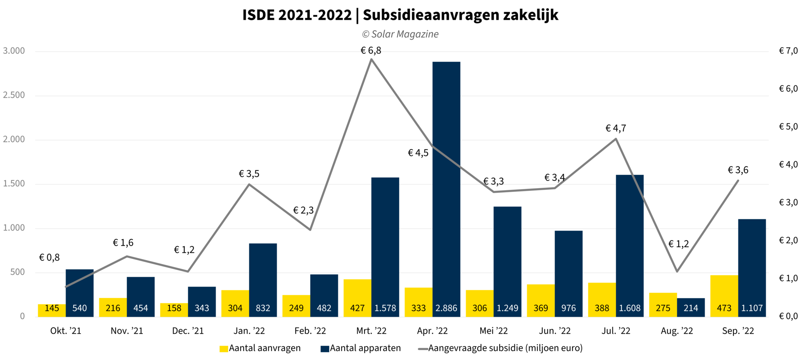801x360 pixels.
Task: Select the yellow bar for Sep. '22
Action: coord(724,292)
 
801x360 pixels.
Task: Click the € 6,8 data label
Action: coord(371,50)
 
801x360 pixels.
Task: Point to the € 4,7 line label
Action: coord(616,128)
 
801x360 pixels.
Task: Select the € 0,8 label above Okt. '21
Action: coord(49,257)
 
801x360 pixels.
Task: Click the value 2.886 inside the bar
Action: coord(446,308)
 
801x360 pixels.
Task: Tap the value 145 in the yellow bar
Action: coord(52,308)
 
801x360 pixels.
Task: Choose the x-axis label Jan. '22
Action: coord(249,331)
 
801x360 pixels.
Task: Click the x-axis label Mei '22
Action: coord(494,331)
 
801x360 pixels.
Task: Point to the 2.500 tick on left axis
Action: coord(14,95)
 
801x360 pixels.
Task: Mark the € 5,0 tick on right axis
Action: coord(788,127)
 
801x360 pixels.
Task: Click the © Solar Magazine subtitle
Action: coord(400,34)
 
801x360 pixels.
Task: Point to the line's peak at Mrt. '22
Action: coord(371,59)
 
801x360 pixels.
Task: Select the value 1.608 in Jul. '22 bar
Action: coord(630,308)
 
